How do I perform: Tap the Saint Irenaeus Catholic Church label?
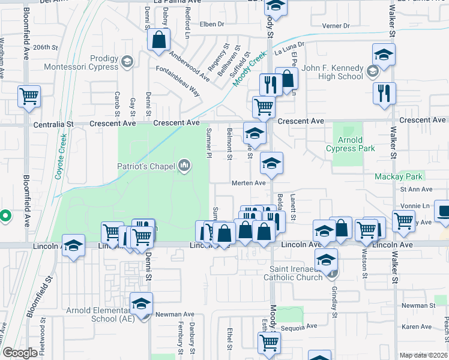pyautogui.click(x=294, y=273)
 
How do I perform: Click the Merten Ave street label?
pyautogui.click(x=249, y=183)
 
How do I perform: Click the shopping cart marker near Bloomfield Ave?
pyautogui.click(x=29, y=96)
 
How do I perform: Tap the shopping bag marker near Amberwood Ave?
pyautogui.click(x=159, y=41)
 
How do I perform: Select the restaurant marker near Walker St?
pyautogui.click(x=384, y=94)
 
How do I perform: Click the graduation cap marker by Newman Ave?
pyautogui.click(x=141, y=304)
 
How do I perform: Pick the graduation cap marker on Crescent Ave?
pyautogui.click(x=255, y=133)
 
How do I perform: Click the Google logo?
pyautogui.click(x=20, y=353)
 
